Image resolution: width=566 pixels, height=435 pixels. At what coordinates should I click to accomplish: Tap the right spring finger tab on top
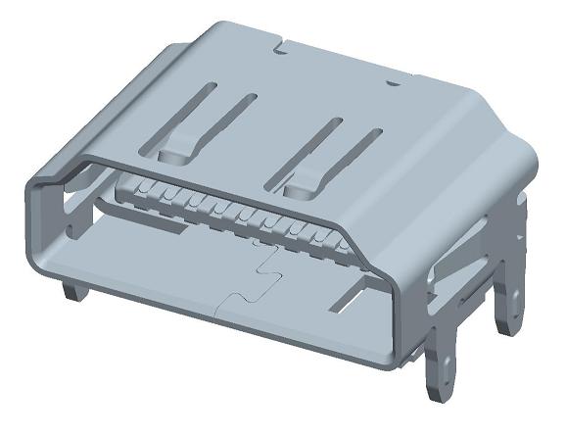tap(301, 180)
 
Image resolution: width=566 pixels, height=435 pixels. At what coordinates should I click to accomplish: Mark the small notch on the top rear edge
tap(280, 43)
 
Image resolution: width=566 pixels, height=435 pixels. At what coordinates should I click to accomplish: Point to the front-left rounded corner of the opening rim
tap(39, 181)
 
